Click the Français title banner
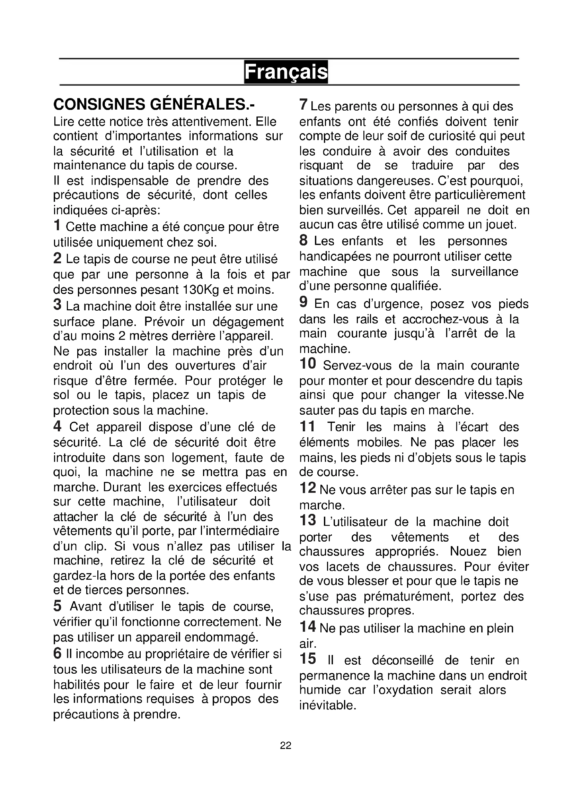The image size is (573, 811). tap(286, 72)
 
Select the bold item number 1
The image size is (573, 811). tap(58, 225)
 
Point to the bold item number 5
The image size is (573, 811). tap(58, 606)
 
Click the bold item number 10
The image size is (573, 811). tap(308, 363)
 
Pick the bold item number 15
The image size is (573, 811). tap(308, 659)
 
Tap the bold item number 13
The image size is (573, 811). tap(308, 520)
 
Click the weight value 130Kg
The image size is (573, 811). tap(201, 290)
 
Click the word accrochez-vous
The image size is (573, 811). tap(445, 319)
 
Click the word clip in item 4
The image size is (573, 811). tap(95, 546)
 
